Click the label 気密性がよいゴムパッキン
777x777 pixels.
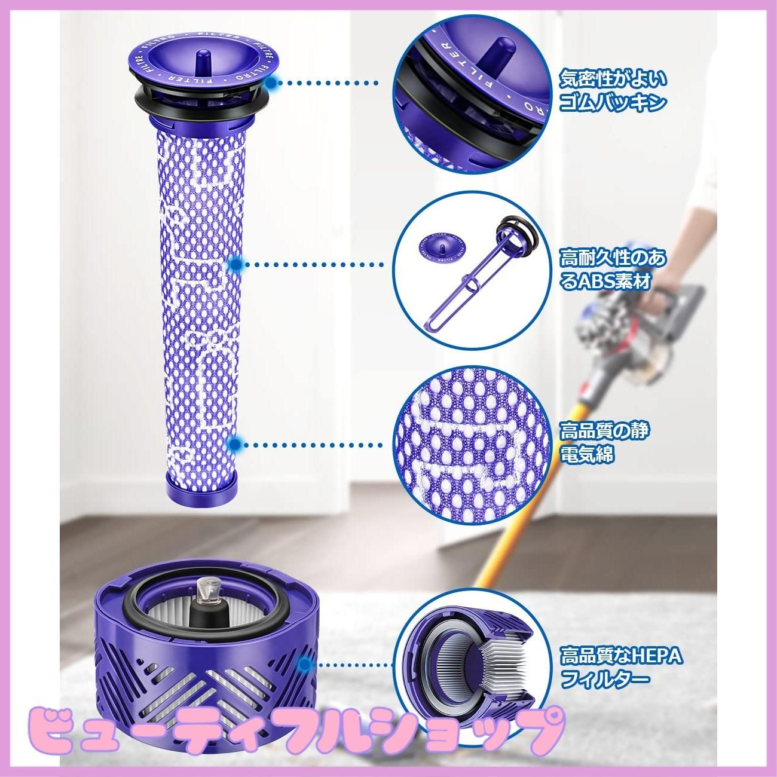click(x=612, y=91)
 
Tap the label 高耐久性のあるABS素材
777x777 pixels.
click(x=612, y=270)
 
